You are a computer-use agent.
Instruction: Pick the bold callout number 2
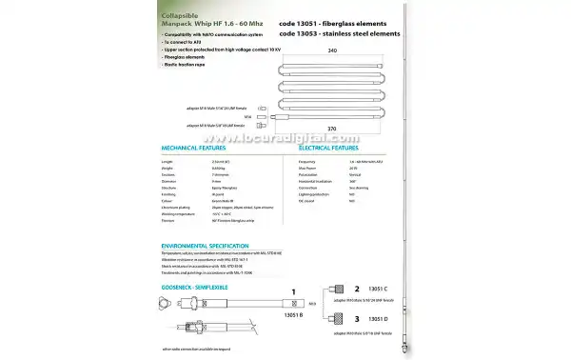(357, 287)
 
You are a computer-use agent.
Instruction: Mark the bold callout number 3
(357, 319)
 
